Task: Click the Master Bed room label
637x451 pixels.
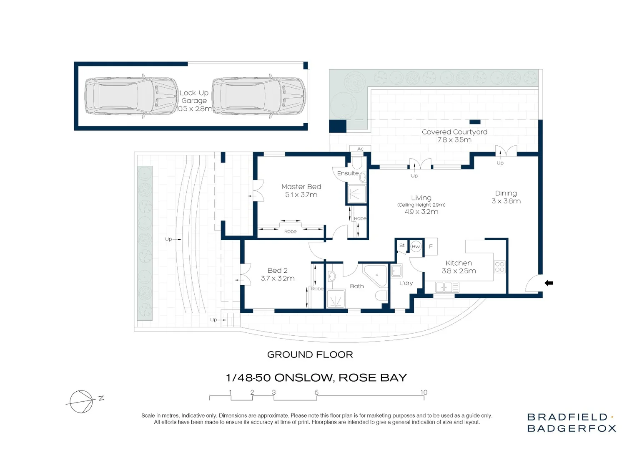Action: click(x=301, y=187)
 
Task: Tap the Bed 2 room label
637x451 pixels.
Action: click(x=278, y=270)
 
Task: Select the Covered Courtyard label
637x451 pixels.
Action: click(x=454, y=132)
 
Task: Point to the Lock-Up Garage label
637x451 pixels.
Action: click(x=194, y=96)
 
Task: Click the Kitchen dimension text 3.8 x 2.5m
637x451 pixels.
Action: click(x=459, y=271)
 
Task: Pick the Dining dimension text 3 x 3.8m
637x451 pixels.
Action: click(x=506, y=201)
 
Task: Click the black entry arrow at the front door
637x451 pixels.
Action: click(x=549, y=283)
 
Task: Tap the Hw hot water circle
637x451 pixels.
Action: click(x=416, y=247)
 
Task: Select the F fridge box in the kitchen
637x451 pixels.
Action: click(x=431, y=246)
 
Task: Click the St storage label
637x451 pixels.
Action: click(x=402, y=245)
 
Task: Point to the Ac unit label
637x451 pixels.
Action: click(x=360, y=149)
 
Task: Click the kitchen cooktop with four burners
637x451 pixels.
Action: click(x=499, y=267)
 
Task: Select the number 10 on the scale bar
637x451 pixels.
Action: click(x=424, y=392)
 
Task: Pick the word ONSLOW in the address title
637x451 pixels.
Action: click(x=303, y=378)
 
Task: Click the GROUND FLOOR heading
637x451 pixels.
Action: click(x=310, y=355)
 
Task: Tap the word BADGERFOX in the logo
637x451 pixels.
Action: click(x=572, y=428)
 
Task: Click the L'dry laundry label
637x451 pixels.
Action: click(x=406, y=283)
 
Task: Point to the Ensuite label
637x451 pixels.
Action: click(x=348, y=173)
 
